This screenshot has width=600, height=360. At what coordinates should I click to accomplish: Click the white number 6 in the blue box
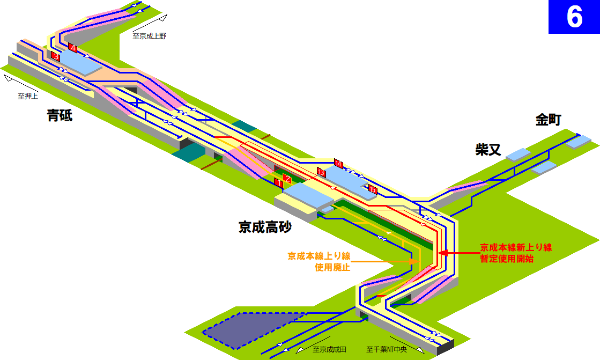pos(574,17)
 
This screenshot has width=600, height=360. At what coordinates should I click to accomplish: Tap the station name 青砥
pos(60,115)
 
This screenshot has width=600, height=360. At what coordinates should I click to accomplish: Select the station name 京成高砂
pos(265,227)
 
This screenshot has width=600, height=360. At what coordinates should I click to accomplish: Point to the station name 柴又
pos(488,149)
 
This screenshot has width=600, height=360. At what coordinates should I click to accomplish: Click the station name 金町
pos(548,120)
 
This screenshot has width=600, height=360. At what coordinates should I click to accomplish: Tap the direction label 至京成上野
pos(149,36)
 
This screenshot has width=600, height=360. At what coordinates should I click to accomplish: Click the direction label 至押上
pos(27,96)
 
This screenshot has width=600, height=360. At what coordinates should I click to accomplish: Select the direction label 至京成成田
pos(329,349)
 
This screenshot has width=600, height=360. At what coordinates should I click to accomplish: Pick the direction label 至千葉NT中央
pos(387,349)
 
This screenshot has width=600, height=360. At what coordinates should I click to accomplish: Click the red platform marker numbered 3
pos(56,57)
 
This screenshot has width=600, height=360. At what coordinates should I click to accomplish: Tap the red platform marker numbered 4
pos(73,49)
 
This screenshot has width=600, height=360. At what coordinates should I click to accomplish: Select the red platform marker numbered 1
pos(279,183)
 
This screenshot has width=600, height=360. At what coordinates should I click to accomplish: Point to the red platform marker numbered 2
pos(288,179)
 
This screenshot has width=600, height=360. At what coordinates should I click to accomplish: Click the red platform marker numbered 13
pos(321,172)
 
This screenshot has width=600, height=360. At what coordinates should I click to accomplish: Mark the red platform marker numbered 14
pos(339,164)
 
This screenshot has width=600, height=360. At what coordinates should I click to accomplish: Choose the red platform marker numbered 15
pos(373,189)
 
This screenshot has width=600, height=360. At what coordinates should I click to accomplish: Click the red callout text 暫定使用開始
pos(507,259)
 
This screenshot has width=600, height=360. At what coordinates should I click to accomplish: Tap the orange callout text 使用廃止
pos(332,267)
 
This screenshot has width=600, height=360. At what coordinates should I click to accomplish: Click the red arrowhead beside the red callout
pos(443,253)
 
